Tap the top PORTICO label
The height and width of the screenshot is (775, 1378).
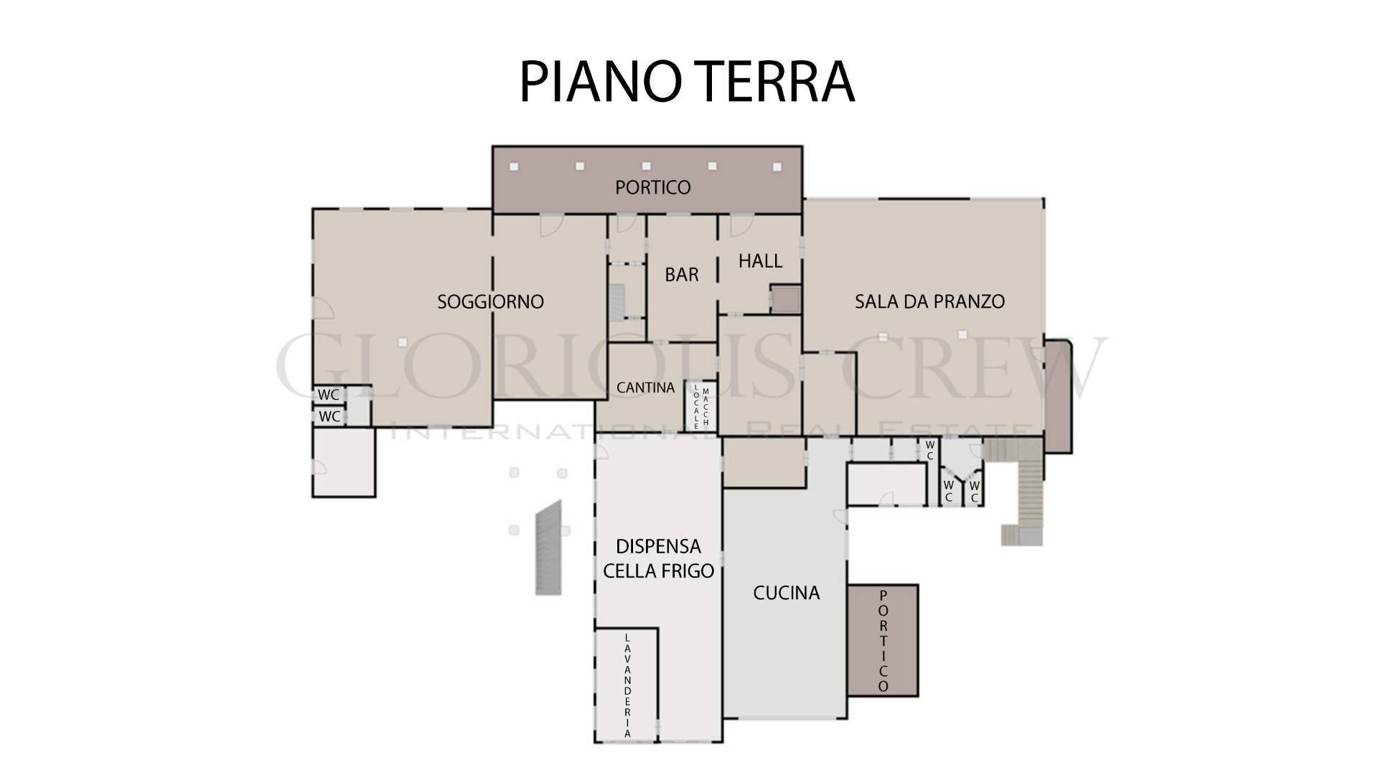coord(652,187)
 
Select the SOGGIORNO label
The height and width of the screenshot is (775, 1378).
coord(490,301)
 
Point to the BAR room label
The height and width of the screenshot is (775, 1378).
coord(681,274)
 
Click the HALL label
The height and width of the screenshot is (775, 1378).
coord(760,260)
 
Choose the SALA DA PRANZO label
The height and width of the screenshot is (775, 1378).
coord(929,301)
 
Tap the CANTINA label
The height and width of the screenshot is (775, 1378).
coord(645,387)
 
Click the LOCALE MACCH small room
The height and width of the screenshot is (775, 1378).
coord(700,407)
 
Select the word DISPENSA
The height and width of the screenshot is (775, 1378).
coord(658,547)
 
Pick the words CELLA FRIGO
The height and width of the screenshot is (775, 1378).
coord(658,571)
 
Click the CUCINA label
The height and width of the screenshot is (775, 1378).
coord(786,593)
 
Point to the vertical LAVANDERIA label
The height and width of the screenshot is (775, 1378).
coord(627,685)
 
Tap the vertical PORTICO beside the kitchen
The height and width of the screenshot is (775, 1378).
coord(883,641)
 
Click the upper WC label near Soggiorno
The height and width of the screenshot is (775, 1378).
coord(329,395)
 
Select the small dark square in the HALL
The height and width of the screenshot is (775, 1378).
coord(784,299)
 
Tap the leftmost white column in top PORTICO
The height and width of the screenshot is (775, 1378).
coord(514,166)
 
